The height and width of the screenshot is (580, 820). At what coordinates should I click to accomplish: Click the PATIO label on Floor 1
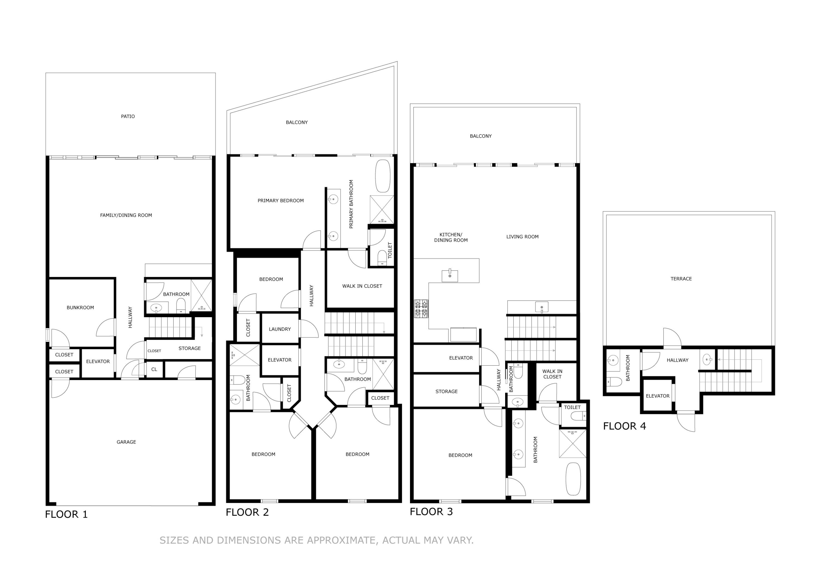point(128,116)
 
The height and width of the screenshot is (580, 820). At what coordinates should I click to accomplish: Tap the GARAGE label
point(126,442)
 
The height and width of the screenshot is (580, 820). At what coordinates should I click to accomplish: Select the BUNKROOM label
point(80,308)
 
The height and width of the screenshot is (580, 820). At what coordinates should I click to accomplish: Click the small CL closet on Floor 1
point(154,369)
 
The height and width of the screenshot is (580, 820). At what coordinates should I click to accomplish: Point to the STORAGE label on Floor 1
point(190,348)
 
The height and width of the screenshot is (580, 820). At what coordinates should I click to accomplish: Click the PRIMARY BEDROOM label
point(281,201)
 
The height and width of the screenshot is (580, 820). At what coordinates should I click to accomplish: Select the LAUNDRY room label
point(280,329)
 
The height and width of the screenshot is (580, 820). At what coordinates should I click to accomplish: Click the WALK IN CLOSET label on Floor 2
point(362,286)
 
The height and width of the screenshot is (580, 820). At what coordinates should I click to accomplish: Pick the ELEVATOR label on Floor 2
point(280,360)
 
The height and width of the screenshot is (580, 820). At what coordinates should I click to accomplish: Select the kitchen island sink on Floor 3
point(450,276)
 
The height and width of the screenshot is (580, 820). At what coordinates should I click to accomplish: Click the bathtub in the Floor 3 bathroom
point(573,479)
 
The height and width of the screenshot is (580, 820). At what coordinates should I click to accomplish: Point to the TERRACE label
point(681,279)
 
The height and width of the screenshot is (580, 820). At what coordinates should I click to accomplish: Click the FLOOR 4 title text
point(624,426)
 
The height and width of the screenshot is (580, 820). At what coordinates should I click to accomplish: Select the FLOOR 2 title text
point(247,512)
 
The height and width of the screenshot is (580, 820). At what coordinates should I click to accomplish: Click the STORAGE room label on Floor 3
point(446,392)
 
